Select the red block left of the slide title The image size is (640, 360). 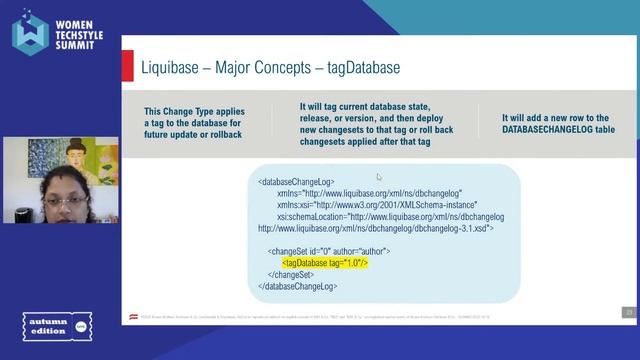click(128, 67)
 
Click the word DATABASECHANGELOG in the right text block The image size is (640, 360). click(554, 131)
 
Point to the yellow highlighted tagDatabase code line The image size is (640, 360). click(325, 263)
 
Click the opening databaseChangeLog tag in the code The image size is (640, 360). click(303, 183)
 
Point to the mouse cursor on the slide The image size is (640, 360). click(379, 178)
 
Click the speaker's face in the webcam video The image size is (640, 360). click(65, 205)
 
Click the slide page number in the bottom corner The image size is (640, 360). click(629, 311)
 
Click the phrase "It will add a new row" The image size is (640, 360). click(555, 118)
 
